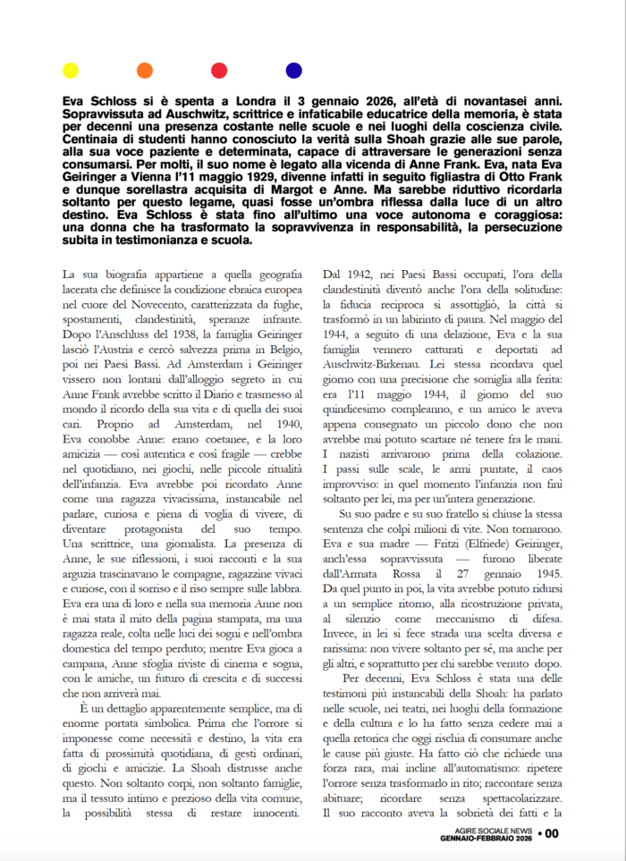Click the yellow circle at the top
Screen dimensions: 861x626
coord(70,70)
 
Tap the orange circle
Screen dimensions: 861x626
coord(144,70)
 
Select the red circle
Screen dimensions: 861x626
coord(219,70)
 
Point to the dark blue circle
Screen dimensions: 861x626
coord(293,70)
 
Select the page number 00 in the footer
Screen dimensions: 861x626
coord(551,834)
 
